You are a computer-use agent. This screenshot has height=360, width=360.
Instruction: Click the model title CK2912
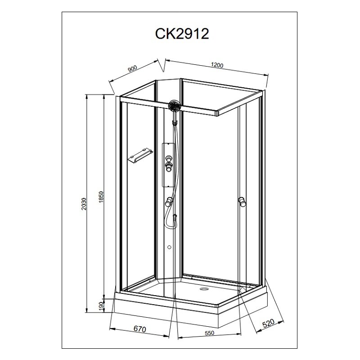[182, 33]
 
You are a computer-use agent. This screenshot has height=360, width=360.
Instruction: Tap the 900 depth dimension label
[132, 68]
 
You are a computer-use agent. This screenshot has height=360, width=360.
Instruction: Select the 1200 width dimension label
[217, 65]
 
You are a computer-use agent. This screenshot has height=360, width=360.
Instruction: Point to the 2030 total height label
[84, 204]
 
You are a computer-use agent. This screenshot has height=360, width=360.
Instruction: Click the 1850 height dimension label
[102, 197]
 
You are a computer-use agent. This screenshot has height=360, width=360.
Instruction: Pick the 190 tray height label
[101, 306]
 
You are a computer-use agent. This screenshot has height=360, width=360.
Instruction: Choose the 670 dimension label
[140, 329]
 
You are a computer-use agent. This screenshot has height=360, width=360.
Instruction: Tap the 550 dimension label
[209, 333]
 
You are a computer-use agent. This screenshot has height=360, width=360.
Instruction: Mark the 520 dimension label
[268, 323]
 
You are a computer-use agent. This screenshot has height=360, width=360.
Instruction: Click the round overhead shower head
[175, 106]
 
